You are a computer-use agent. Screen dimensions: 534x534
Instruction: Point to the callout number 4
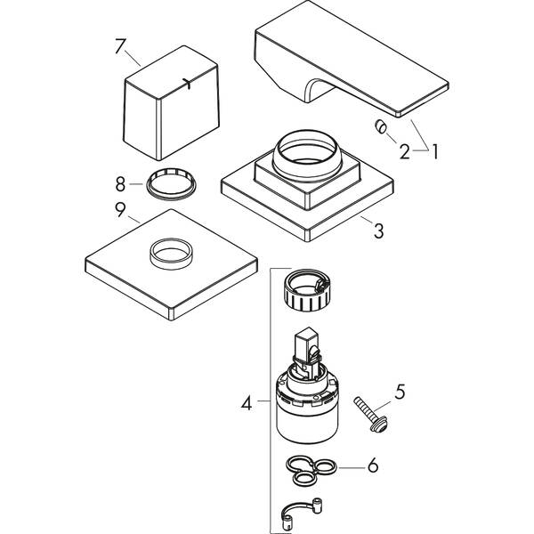tap(247, 402)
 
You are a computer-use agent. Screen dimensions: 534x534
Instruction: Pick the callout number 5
tap(400, 391)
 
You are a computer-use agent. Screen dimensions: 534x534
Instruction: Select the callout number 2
tap(405, 151)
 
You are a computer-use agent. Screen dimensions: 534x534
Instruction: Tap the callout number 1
tap(435, 151)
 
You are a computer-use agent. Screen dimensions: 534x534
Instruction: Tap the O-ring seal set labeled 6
tap(311, 468)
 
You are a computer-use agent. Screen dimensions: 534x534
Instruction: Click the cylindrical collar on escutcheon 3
tap(305, 154)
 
